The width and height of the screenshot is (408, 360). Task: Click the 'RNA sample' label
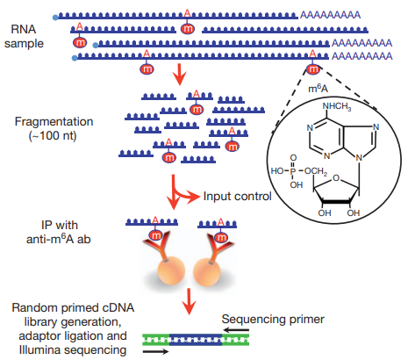tap(24, 36)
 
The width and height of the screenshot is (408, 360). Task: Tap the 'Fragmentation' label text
tap(54, 121)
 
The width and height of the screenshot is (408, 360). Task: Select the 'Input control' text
tap(237, 196)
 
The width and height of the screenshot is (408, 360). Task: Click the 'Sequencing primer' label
tap(273, 319)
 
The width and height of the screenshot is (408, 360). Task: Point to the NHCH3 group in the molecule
tap(336, 106)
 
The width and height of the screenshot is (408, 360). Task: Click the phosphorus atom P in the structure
tap(292, 171)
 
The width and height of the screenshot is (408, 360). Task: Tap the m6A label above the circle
tap(319, 88)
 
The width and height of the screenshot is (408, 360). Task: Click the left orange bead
tap(171, 270)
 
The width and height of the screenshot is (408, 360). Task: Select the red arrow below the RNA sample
tap(179, 76)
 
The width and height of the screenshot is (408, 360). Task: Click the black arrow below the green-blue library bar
tap(155, 351)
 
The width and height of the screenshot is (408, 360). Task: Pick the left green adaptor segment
tap(156, 340)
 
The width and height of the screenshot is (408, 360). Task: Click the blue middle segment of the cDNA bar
tap(196, 340)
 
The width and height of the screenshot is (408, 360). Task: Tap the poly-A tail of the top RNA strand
tap(330, 15)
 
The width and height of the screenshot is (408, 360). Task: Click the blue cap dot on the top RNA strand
tap(55, 18)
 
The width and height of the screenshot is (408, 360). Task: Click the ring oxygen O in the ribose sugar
tap(336, 177)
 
